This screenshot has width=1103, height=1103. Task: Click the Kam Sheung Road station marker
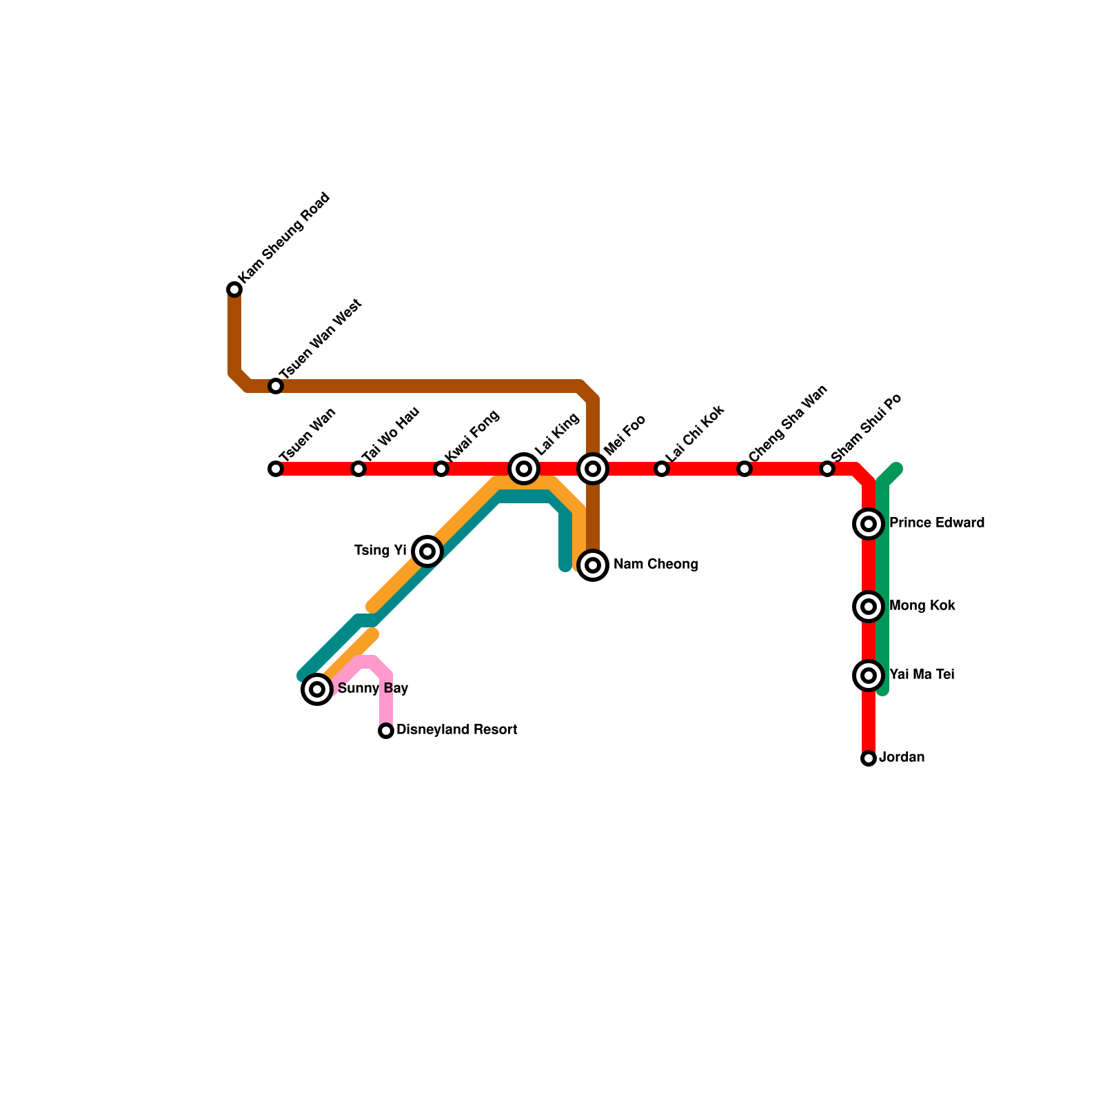point(234,290)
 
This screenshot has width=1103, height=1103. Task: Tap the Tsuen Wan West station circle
point(276,386)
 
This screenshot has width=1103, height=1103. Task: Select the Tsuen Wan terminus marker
point(276,469)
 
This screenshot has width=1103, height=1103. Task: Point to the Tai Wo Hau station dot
point(358,469)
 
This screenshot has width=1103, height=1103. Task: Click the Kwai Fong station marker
point(441,469)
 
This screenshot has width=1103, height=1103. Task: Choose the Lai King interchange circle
point(524,469)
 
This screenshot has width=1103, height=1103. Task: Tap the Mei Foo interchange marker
point(593,469)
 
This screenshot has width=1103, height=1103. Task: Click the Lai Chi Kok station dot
point(662,469)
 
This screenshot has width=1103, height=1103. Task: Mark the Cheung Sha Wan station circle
point(745,469)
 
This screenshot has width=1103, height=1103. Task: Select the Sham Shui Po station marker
point(827,469)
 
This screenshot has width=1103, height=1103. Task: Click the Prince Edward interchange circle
point(869,524)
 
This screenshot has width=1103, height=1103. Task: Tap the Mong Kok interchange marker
point(869,607)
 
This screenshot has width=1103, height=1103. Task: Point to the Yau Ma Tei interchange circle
point(869,676)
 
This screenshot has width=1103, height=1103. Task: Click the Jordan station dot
point(869,758)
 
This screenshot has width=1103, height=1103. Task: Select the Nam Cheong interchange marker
point(593,565)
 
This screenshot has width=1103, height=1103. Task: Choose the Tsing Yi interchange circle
point(427,551)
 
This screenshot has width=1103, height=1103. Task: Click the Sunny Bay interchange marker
point(317,689)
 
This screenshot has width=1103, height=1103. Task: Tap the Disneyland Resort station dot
point(386,731)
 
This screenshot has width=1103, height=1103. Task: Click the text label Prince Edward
point(936,523)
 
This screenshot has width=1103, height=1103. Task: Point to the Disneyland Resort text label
point(456,730)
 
